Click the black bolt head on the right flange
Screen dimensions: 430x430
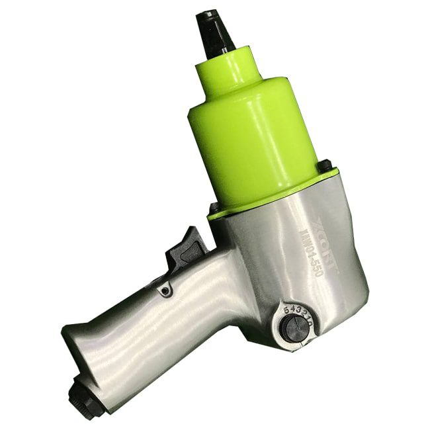[x=325, y=165]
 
